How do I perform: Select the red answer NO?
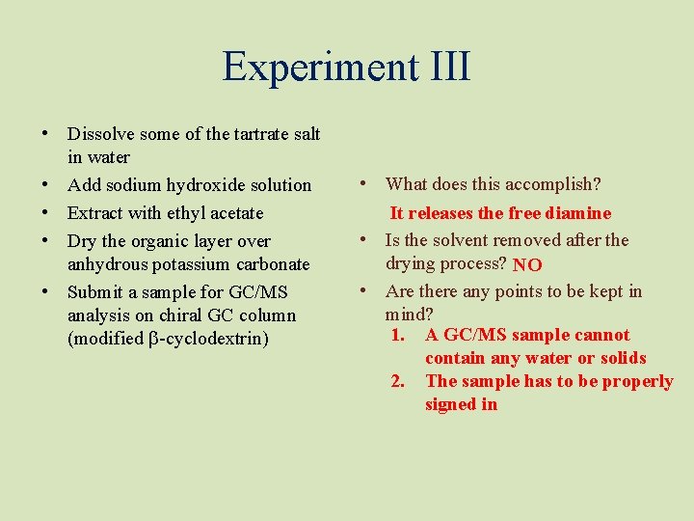point(527,264)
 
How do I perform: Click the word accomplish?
point(551,184)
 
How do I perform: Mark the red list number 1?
point(396,336)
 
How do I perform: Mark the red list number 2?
point(396,382)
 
